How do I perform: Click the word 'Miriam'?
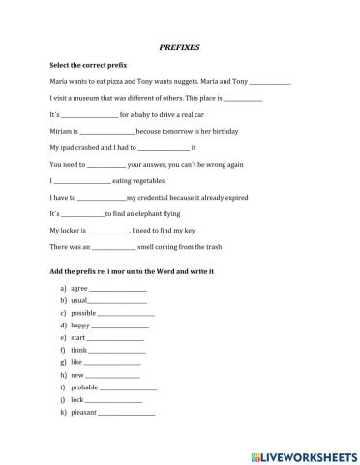61,131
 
